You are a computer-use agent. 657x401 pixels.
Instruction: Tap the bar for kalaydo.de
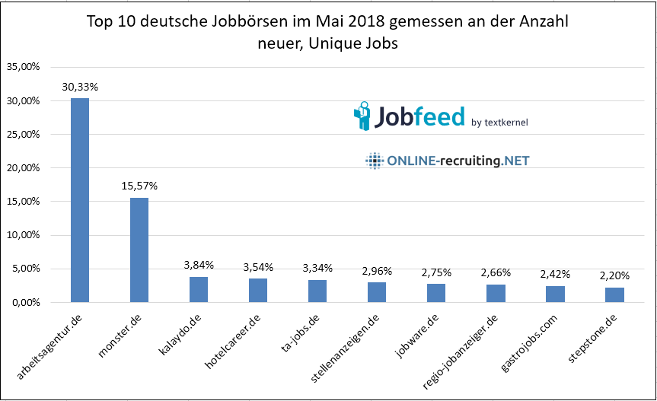coord(198,289)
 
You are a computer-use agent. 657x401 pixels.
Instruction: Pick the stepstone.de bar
coord(614,294)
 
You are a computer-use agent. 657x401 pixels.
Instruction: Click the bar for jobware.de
coord(436,293)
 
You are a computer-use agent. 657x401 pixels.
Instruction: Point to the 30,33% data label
coord(79,87)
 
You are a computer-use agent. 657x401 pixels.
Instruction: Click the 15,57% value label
coord(139,185)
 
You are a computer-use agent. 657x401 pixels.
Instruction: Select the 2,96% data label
coord(377,270)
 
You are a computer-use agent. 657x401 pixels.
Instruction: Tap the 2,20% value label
coord(614,275)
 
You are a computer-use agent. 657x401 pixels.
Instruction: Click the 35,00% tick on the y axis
coord(23,67)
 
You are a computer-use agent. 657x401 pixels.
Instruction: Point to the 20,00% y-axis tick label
coord(23,168)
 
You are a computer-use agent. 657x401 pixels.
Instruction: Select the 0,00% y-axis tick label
coord(25,302)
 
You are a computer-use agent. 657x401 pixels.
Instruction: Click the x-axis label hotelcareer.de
coord(231,338)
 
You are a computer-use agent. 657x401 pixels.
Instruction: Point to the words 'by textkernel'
coord(499,122)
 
